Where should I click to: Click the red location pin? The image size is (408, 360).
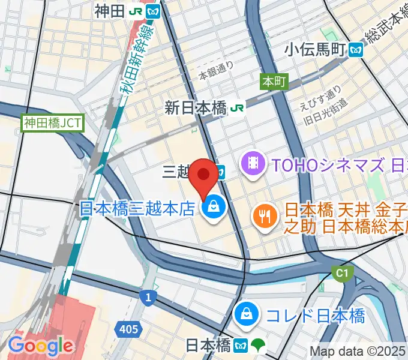click(x=204, y=175)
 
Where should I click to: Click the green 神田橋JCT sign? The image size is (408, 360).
click(x=53, y=124)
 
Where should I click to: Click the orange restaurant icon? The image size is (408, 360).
click(x=264, y=214)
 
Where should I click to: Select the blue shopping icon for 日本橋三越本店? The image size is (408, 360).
click(x=212, y=208)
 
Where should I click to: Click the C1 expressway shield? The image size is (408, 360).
click(x=342, y=274)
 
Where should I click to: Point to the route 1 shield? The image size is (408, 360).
click(x=147, y=296)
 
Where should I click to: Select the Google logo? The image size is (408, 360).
click(x=40, y=346)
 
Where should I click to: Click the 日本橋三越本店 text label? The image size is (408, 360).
click(x=137, y=208)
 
